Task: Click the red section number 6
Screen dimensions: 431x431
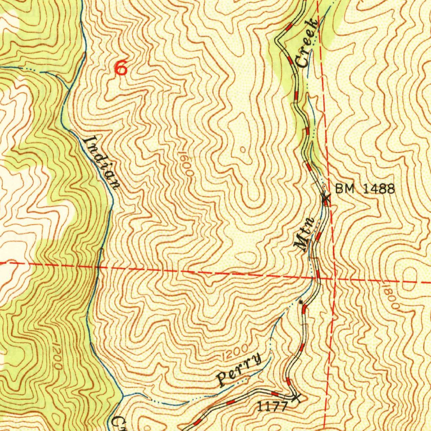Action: pyautogui.click(x=121, y=68)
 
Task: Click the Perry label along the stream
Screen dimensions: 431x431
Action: pyautogui.click(x=239, y=370)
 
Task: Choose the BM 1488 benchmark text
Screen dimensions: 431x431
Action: pyautogui.click(x=365, y=189)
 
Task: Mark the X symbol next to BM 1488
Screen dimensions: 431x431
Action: pyautogui.click(x=325, y=197)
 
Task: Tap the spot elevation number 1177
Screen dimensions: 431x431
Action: pyautogui.click(x=272, y=406)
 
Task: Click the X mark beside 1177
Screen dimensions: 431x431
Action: pyautogui.click(x=297, y=397)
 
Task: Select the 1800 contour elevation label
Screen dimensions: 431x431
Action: pyautogui.click(x=391, y=298)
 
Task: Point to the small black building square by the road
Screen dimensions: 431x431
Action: pyautogui.click(x=300, y=302)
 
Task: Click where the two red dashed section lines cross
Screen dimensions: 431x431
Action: pyautogui.click(x=334, y=279)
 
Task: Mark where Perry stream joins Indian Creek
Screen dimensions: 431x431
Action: pyautogui.click(x=123, y=396)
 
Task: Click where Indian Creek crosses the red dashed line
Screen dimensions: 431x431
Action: pyautogui.click(x=98, y=266)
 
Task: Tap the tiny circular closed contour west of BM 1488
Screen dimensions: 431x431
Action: pyautogui.click(x=242, y=149)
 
